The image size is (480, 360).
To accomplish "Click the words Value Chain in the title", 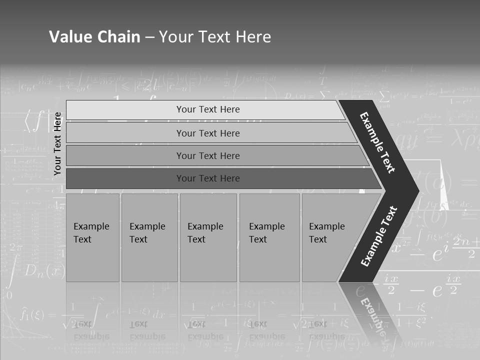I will (94, 36).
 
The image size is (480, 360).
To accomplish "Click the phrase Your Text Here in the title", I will (215, 36).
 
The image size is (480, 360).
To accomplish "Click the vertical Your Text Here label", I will (57, 143).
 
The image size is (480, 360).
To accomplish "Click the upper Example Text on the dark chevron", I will (377, 142).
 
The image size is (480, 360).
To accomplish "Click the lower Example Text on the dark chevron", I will (378, 236).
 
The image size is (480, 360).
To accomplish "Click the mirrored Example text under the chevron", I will (372, 317).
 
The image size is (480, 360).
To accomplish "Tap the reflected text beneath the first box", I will (91, 330).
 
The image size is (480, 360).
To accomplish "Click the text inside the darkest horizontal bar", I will (208, 178).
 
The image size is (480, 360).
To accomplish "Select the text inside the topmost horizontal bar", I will (208, 109).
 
